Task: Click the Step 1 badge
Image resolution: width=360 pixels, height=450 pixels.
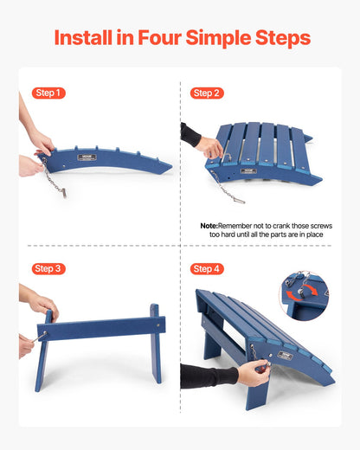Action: [48, 93]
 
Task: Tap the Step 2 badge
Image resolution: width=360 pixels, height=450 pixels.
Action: [207, 93]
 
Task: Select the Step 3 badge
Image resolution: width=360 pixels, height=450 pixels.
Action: [48, 269]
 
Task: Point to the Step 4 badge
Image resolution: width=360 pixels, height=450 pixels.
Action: [207, 269]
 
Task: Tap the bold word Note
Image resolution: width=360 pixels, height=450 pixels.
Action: [209, 225]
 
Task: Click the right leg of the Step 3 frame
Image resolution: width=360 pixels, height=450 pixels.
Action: [156, 343]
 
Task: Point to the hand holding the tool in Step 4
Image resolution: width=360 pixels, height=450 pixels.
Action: [253, 374]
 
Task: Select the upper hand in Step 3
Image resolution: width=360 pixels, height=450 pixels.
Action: [42, 304]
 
